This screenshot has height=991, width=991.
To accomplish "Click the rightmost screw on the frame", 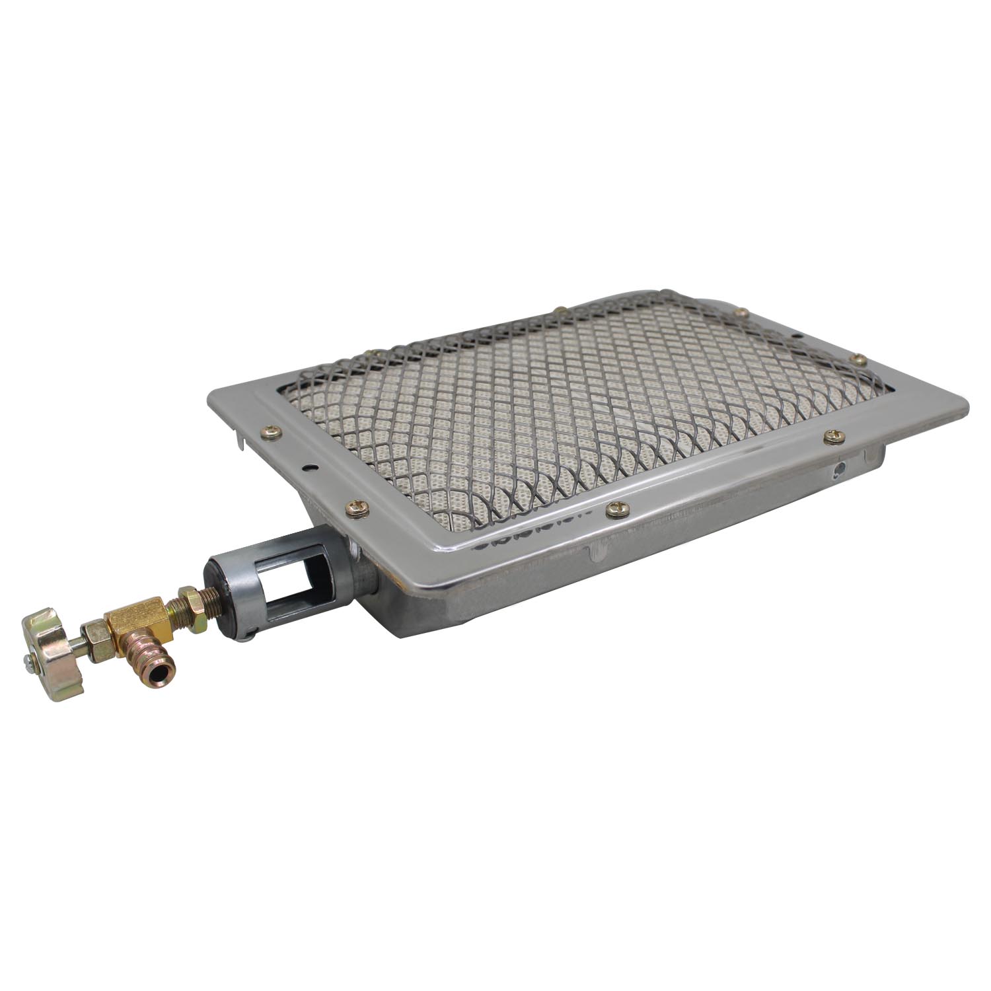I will coord(860,360).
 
